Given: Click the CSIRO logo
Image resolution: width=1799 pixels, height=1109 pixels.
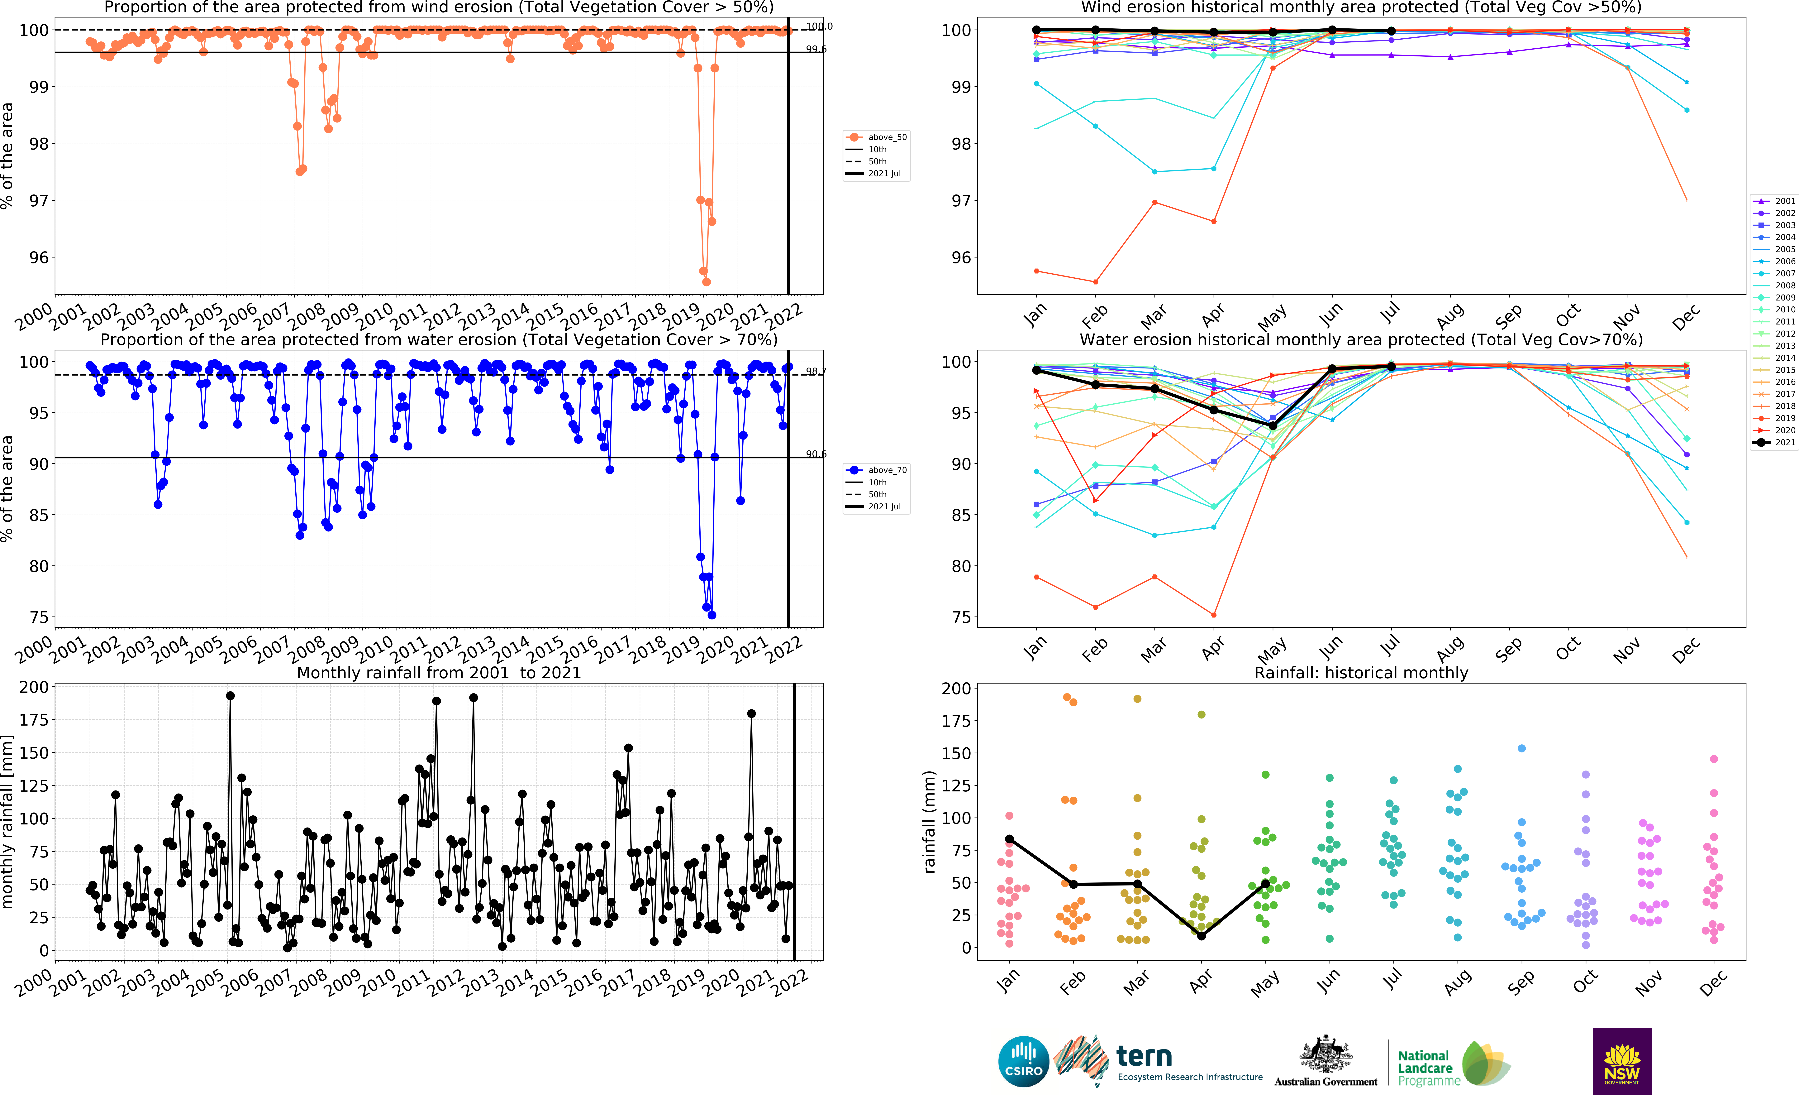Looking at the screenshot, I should coord(1023,1061).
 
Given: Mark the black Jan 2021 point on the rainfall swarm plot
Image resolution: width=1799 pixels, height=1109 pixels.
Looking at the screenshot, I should coord(1009,839).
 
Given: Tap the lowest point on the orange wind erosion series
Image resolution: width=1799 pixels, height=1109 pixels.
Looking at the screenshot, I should coord(706,282).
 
